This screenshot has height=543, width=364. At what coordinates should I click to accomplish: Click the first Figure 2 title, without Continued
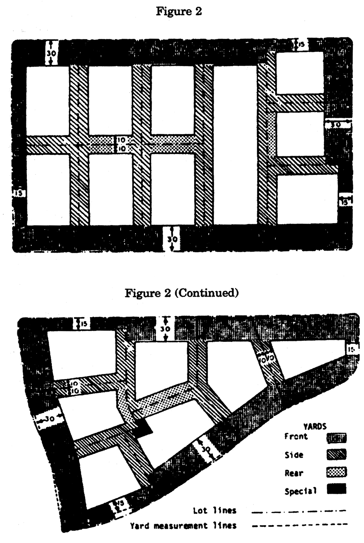coord(179,12)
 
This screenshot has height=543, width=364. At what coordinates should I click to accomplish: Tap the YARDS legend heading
coord(315,426)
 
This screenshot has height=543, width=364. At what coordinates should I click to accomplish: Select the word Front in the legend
coord(296,436)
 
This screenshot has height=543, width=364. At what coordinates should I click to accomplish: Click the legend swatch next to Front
coord(336,438)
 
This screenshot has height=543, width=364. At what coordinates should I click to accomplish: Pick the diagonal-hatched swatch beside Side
coord(336,454)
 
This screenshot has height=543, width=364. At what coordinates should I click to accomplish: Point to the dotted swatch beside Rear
coord(336,472)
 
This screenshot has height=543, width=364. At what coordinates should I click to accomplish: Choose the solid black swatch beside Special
coord(336,489)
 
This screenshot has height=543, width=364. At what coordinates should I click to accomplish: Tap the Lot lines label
coord(215,510)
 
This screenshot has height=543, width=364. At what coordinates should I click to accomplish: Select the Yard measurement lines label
coord(183,526)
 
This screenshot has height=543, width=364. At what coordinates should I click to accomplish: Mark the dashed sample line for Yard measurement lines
coord(299,525)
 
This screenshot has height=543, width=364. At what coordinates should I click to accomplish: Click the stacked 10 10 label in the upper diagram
coord(123,144)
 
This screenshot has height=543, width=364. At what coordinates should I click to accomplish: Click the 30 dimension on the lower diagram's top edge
coord(165,329)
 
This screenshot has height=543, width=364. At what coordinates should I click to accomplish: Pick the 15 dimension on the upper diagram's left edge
coord(18,193)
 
